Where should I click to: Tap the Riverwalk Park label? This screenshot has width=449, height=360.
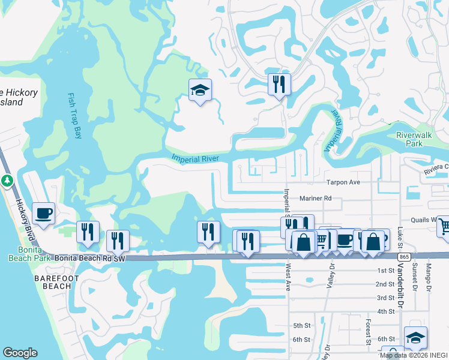[x=414, y=139]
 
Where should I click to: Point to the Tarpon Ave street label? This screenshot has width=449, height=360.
[x=343, y=182]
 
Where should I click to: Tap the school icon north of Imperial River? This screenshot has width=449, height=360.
[x=200, y=91]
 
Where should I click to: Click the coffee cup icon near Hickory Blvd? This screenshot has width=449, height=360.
[x=43, y=214]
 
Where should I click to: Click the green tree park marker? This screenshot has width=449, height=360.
[x=7, y=180]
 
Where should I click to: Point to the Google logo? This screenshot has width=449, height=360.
[x=20, y=353]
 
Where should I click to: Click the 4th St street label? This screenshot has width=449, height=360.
[x=385, y=311]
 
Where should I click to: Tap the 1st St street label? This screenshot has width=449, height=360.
[x=385, y=271]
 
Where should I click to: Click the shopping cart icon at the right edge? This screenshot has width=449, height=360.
[x=444, y=226]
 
